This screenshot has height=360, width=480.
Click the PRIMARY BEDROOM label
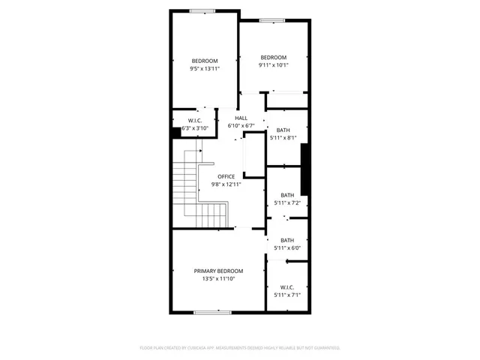coord(218,271)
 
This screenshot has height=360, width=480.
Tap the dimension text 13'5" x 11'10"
coord(218,279)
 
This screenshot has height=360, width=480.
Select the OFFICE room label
coord(226,177)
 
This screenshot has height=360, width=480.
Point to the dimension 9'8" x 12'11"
coord(226,184)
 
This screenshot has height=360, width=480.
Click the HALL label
coord(241,118)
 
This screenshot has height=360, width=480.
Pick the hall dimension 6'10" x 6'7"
coord(241,125)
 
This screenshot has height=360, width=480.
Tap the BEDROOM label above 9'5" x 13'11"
coord(204,61)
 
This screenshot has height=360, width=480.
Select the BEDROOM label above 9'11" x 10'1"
coord(273,58)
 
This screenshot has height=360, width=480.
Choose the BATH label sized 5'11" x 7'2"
coord(287,195)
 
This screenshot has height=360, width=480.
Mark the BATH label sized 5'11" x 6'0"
coord(287,240)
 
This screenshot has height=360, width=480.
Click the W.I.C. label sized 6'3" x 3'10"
coord(193,121)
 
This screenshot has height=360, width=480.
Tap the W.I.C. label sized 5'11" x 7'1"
coord(287,287)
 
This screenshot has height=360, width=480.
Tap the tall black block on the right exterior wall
coord(305,169)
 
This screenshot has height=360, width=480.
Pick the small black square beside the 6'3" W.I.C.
coord(175,132)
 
